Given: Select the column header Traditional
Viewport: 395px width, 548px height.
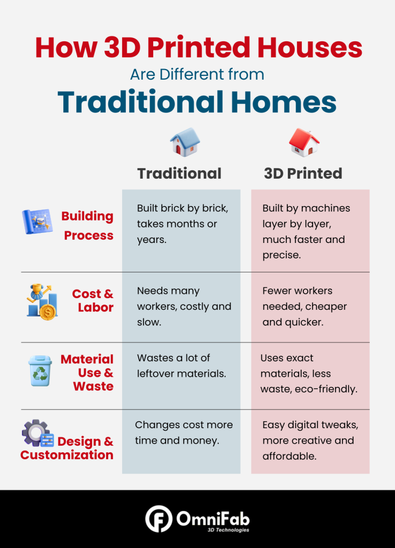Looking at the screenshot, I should tap(179, 173).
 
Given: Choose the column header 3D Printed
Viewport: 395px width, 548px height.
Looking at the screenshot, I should tap(303, 173).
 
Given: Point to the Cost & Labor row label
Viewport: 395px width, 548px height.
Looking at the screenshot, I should tap(93, 301).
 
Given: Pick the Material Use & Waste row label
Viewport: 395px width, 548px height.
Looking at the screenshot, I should tap(87, 372).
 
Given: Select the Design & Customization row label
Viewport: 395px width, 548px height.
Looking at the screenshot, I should tap(68, 448).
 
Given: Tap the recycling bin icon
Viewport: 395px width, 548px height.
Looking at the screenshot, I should tap(40, 371).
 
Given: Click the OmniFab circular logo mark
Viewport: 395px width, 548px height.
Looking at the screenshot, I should tap(158, 519).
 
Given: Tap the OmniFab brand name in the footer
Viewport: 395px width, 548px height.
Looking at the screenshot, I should tap(213, 518).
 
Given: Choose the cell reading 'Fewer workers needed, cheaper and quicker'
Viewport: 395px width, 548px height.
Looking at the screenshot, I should tap(304, 306).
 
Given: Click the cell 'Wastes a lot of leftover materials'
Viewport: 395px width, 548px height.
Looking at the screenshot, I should tap(181, 366).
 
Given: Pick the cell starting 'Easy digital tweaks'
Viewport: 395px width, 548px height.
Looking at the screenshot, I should tap(310, 440).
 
